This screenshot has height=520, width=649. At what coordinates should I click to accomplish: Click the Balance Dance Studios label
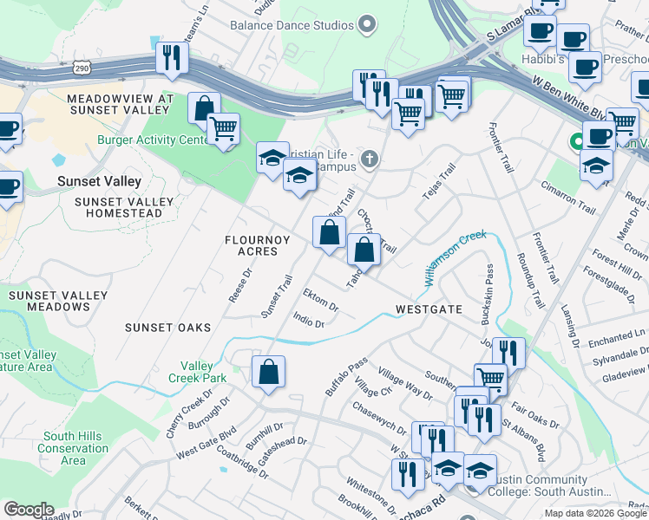pyautogui.click(x=292, y=25)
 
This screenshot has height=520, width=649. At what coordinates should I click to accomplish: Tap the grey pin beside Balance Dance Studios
pyautogui.click(x=367, y=24)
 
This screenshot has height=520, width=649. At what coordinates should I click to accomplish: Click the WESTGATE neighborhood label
pyautogui.click(x=425, y=309)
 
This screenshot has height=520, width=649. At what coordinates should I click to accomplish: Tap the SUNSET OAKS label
pyautogui.click(x=167, y=328)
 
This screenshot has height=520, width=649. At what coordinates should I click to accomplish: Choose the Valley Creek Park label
pyautogui.click(x=203, y=372)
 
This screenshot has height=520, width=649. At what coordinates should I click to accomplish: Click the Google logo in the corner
pyautogui.click(x=28, y=510)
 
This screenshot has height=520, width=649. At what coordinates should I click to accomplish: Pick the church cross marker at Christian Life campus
pyautogui.click(x=370, y=158)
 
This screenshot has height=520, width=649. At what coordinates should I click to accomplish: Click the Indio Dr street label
pyautogui.click(x=309, y=322)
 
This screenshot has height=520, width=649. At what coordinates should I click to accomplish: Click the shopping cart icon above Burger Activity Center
pyautogui.click(x=224, y=129)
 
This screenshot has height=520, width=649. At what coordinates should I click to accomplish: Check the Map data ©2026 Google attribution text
pyautogui.click(x=595, y=513)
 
